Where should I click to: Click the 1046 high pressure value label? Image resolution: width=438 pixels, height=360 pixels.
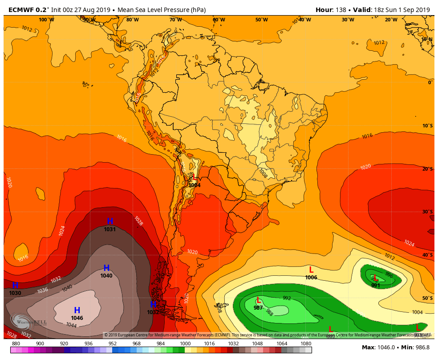(x=77, y=318)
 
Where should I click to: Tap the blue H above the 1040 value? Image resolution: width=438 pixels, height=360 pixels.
(x=106, y=268)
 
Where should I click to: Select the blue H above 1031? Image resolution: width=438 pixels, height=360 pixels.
(x=110, y=221)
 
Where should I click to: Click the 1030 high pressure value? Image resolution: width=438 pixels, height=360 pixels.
(x=15, y=293)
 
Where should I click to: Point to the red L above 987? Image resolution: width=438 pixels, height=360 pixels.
(x=258, y=300)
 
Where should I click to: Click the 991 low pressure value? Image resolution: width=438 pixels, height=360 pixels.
(x=376, y=286)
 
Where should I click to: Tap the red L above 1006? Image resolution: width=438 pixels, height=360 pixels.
(x=311, y=270)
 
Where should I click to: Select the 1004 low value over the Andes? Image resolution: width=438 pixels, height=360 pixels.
(x=195, y=185)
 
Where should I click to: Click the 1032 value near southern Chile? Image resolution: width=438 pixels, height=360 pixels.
(x=153, y=312)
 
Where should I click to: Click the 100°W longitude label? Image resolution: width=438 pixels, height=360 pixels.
(x=46, y=20)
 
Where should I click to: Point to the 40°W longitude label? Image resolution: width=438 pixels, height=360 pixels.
(x=304, y=20)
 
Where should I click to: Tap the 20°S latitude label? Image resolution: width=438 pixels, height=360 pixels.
(x=427, y=169)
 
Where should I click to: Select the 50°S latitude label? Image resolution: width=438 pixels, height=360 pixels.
(x=427, y=298)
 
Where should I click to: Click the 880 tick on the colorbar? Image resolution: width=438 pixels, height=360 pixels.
(x=16, y=344)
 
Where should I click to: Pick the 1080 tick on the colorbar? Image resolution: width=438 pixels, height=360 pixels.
(x=306, y=344)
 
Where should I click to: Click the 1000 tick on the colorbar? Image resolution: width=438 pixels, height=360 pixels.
(x=185, y=344)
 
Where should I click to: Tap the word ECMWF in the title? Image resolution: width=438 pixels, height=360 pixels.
(x=20, y=10)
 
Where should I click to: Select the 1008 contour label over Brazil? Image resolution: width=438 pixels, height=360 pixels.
(x=263, y=172)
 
